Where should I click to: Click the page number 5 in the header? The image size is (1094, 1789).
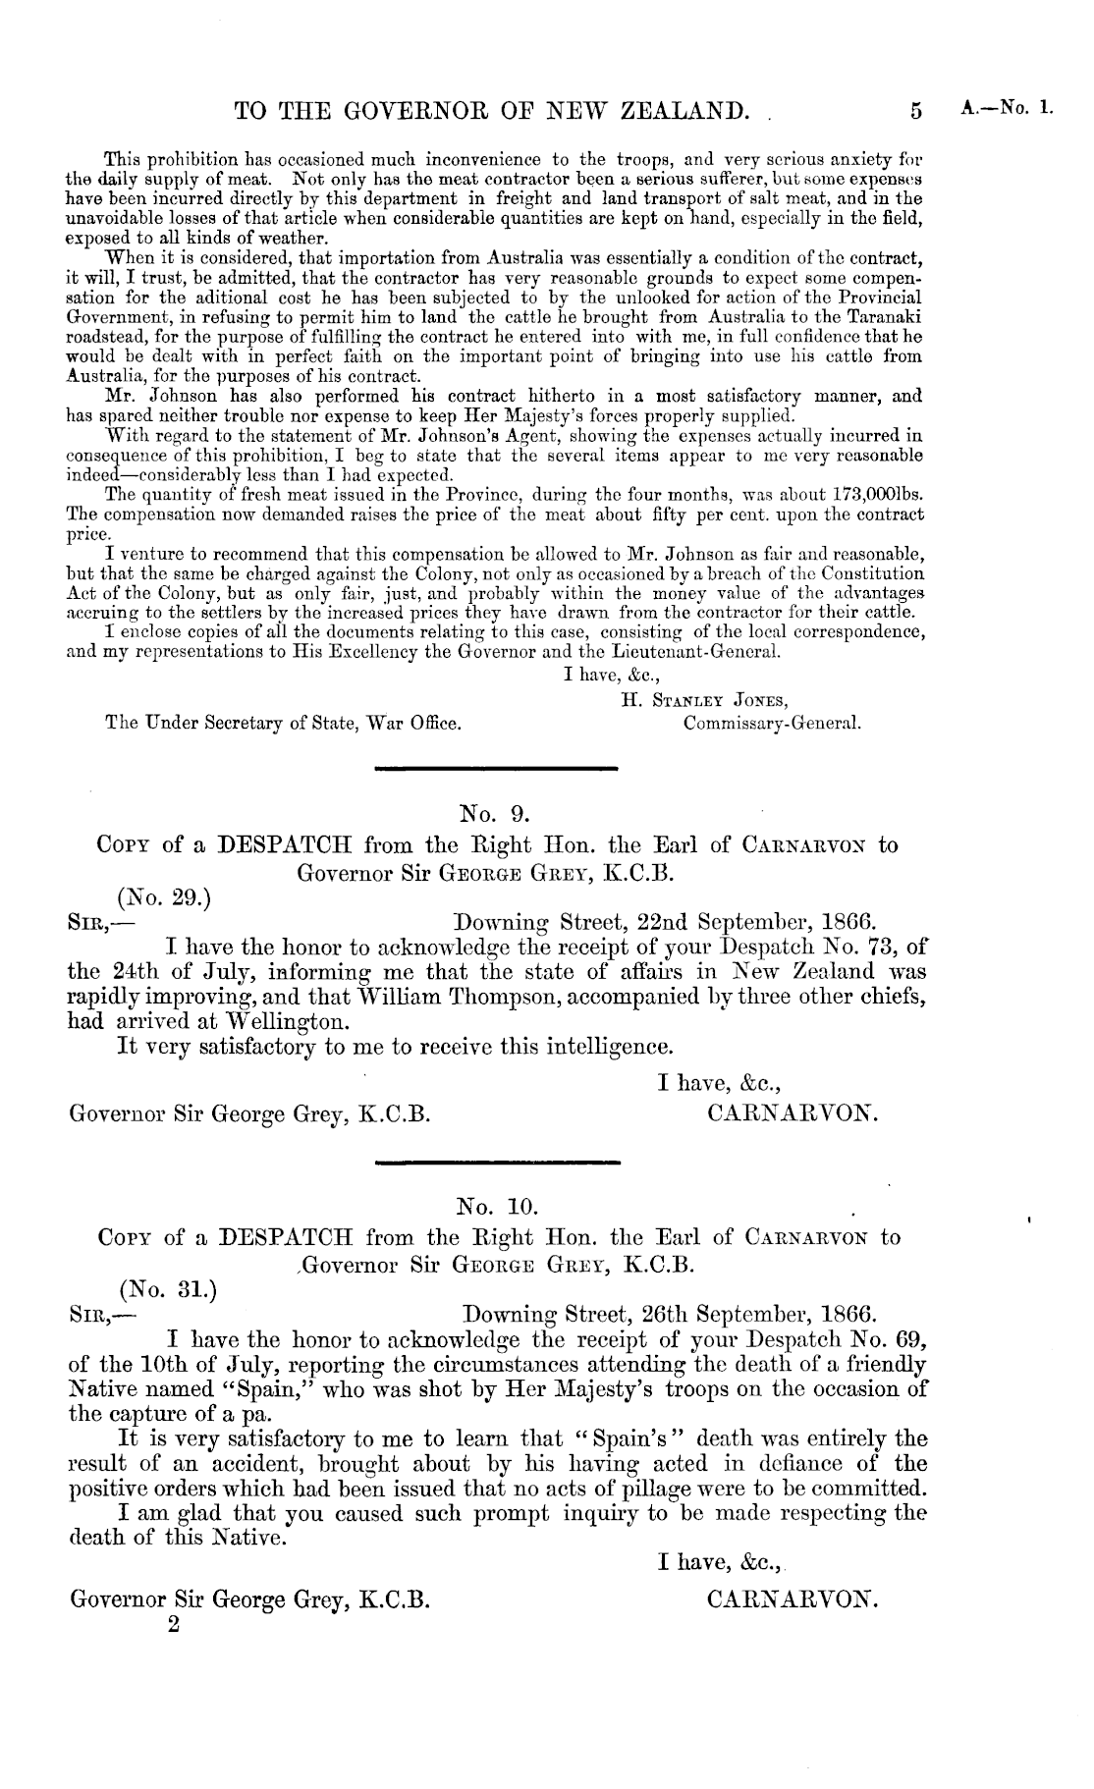(915, 111)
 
